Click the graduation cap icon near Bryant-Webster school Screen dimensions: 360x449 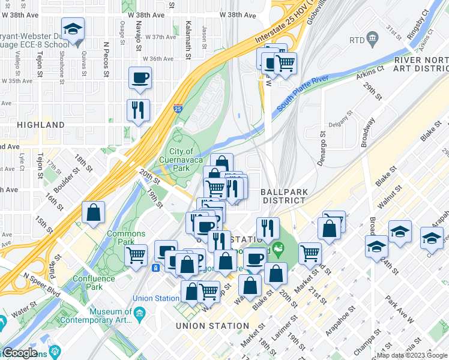click(x=73, y=29)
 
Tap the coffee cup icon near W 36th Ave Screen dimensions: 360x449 click(x=140, y=77)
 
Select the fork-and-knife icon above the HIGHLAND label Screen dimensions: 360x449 click(x=138, y=110)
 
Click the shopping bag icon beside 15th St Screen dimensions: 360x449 click(x=94, y=212)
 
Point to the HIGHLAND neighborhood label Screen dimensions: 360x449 click(x=41, y=125)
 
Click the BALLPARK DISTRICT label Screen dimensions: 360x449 click(x=285, y=196)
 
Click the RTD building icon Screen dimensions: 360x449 click(x=372, y=40)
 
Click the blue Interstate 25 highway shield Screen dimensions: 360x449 click(x=178, y=109)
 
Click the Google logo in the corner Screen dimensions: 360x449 click(x=19, y=353)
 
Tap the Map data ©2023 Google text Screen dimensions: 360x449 click(x=411, y=355)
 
